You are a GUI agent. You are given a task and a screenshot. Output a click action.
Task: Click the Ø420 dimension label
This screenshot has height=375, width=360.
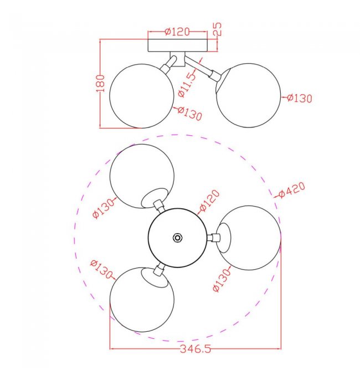tap(292, 190)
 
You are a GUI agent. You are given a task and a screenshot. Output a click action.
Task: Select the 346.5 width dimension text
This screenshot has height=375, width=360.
tap(196, 349)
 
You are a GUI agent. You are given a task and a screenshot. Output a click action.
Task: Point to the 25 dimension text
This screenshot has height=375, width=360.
tap(218, 29)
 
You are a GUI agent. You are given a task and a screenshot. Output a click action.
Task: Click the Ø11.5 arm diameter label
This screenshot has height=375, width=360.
tap(187, 85)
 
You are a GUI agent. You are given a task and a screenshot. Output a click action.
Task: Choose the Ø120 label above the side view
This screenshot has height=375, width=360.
tap(177, 32)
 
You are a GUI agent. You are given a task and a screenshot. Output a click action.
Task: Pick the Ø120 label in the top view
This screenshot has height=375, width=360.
tap(209, 201)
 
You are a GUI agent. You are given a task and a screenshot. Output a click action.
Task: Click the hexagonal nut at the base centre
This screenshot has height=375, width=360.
tap(177, 238)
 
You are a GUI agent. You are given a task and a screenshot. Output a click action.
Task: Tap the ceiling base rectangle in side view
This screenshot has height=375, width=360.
tap(177, 45)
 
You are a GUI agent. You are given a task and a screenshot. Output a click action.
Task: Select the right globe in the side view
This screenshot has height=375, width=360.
tap(248, 95)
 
